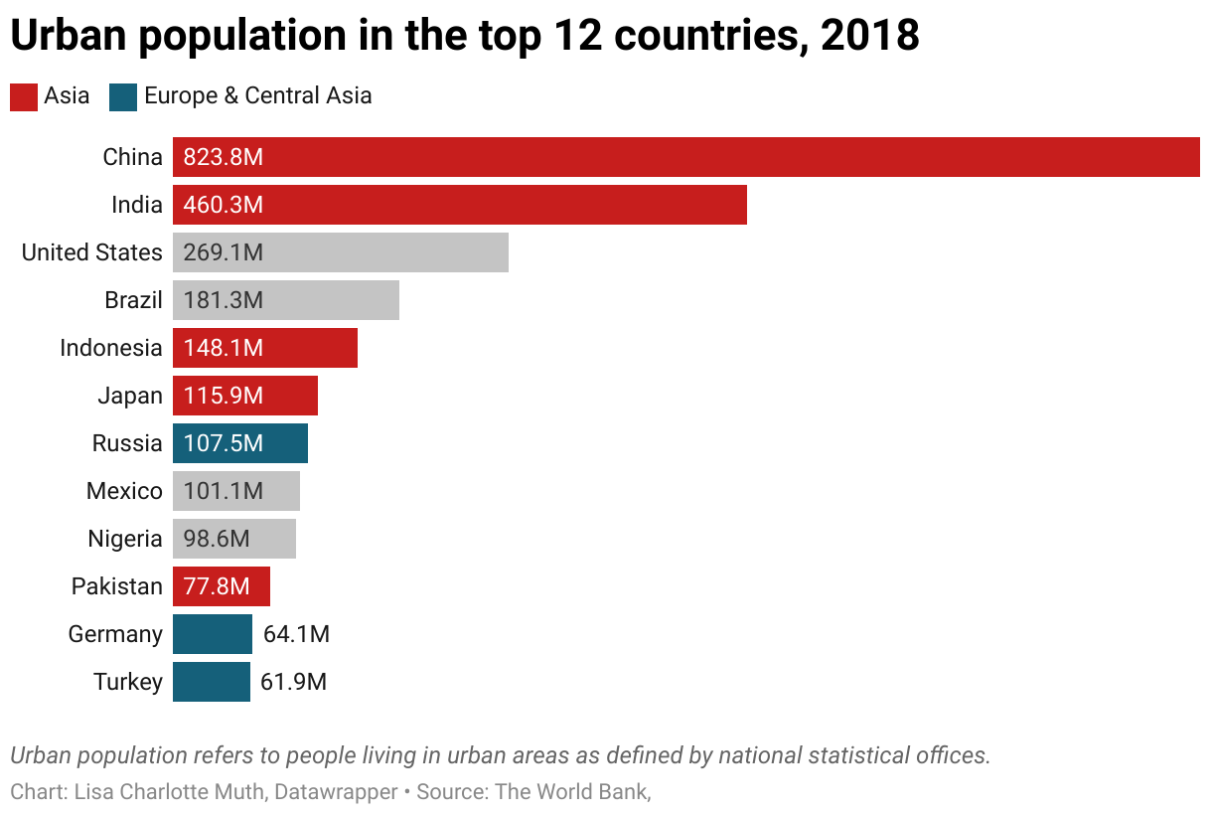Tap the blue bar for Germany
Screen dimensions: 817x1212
pos(213,634)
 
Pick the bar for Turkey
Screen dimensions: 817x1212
pos(212,682)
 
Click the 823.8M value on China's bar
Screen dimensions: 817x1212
pos(224,157)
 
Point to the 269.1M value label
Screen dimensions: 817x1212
pos(224,252)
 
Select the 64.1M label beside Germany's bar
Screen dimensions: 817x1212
pos(296,634)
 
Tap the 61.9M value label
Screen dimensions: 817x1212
pos(294,682)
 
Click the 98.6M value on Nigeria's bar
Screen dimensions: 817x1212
pos(217,539)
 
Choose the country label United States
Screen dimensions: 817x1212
pos(91,252)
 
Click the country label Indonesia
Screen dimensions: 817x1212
pos(110,348)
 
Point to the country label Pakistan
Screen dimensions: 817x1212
pos(116,586)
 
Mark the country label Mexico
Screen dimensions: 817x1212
pos(124,491)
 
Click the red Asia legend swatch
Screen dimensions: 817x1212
pos(24,96)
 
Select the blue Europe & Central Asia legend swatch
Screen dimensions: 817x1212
pos(123,96)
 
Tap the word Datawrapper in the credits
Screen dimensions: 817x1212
pos(336,792)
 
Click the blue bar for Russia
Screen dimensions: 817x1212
pos(240,443)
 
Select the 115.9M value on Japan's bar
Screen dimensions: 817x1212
pos(224,396)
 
